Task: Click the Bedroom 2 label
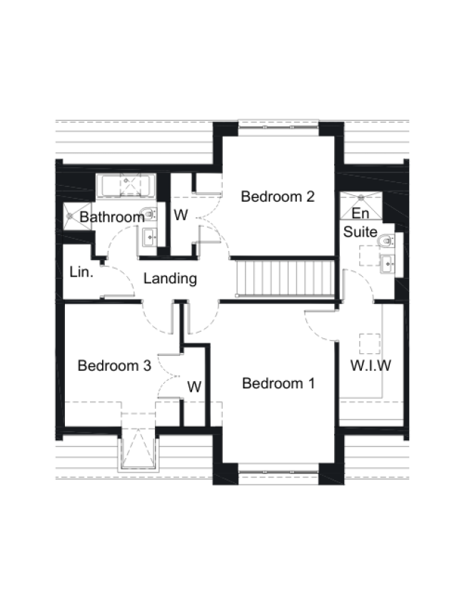[278, 197]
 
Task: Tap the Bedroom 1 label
[278, 384]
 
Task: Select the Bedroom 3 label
[114, 366]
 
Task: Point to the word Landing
[170, 279]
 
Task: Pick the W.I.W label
[370, 367]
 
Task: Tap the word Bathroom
[112, 217]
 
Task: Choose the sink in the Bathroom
[151, 235]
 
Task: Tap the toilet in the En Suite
[387, 241]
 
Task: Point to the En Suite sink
[388, 263]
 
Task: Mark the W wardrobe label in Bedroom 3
[194, 387]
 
